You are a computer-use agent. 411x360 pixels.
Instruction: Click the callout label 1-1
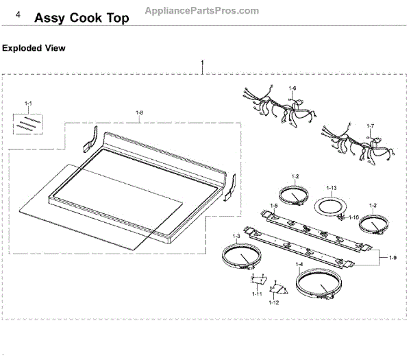tap(28, 103)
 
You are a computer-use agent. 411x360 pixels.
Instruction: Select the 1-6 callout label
tap(292, 88)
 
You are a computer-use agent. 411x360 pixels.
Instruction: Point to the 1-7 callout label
tap(371, 126)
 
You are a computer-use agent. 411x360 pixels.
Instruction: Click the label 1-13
tap(332, 188)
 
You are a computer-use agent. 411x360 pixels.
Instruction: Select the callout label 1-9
tap(393, 257)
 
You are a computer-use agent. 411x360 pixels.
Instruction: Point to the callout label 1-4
tap(299, 265)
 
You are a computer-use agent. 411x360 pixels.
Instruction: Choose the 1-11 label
tap(256, 294)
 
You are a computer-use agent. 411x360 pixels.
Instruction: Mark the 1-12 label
tap(274, 302)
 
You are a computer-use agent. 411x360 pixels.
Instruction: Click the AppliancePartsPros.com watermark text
tap(203, 10)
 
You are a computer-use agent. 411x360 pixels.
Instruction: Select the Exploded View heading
tap(34, 48)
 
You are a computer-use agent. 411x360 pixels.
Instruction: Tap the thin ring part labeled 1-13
tap(329, 206)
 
